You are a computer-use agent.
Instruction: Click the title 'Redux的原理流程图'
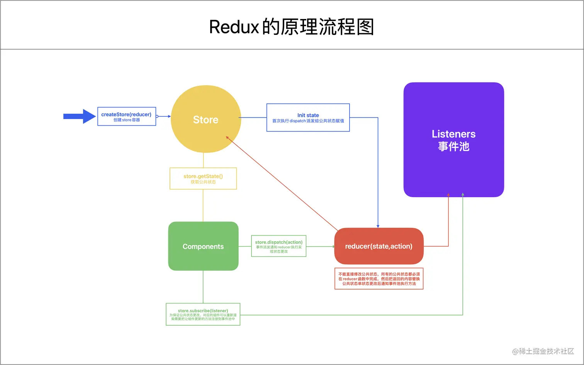pyautogui.click(x=292, y=27)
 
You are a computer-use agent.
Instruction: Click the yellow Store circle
pyautogui.click(x=205, y=119)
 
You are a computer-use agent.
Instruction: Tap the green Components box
pyautogui.click(x=203, y=246)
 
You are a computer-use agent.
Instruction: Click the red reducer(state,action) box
pyautogui.click(x=379, y=246)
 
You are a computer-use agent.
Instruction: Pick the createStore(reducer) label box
pyautogui.click(x=126, y=116)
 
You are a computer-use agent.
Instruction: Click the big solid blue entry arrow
pyautogui.click(x=80, y=116)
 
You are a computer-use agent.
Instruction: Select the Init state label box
pyautogui.click(x=308, y=118)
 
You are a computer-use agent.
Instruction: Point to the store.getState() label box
pyautogui.click(x=203, y=179)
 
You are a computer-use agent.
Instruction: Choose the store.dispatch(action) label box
pyautogui.click(x=278, y=246)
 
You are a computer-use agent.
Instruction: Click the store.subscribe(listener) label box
pyautogui.click(x=203, y=314)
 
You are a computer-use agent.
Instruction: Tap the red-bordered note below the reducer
pyautogui.click(x=379, y=278)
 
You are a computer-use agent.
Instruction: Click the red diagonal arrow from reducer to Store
pyautogui.click(x=282, y=184)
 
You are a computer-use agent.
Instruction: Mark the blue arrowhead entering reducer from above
pyautogui.click(x=378, y=226)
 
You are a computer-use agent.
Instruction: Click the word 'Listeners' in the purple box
pyautogui.click(x=453, y=134)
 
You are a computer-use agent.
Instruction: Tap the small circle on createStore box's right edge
pyautogui.click(x=157, y=116)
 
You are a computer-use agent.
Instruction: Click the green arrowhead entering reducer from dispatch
pyautogui.click(x=333, y=246)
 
